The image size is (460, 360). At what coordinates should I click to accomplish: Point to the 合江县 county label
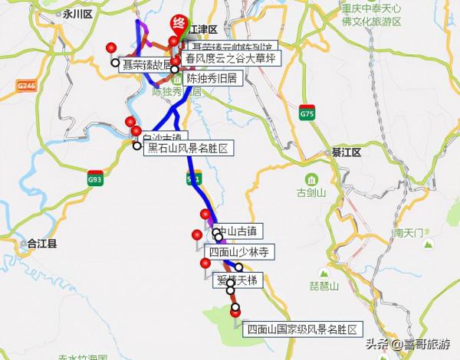click(x=42, y=244)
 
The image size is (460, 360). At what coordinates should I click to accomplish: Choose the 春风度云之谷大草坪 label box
click(x=230, y=58)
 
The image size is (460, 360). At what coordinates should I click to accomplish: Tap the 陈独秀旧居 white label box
click(x=212, y=77)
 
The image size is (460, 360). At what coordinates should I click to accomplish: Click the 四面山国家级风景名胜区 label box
click(x=302, y=330)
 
